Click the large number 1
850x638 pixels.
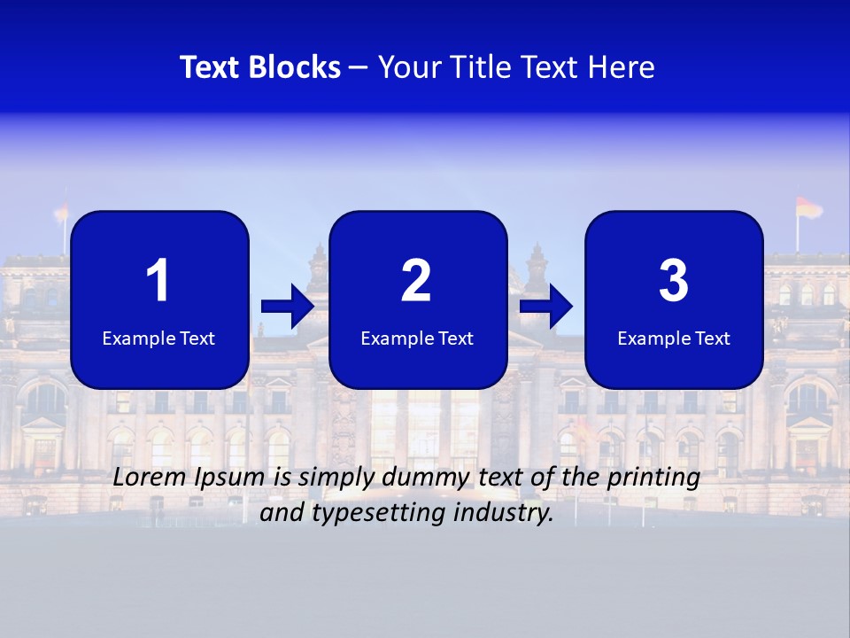158,281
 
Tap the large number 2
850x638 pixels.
416,281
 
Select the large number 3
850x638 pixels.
674,281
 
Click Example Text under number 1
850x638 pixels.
158,338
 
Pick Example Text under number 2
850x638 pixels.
417,338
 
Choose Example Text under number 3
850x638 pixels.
674,338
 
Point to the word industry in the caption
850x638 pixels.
508,513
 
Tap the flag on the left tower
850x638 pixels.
62,213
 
